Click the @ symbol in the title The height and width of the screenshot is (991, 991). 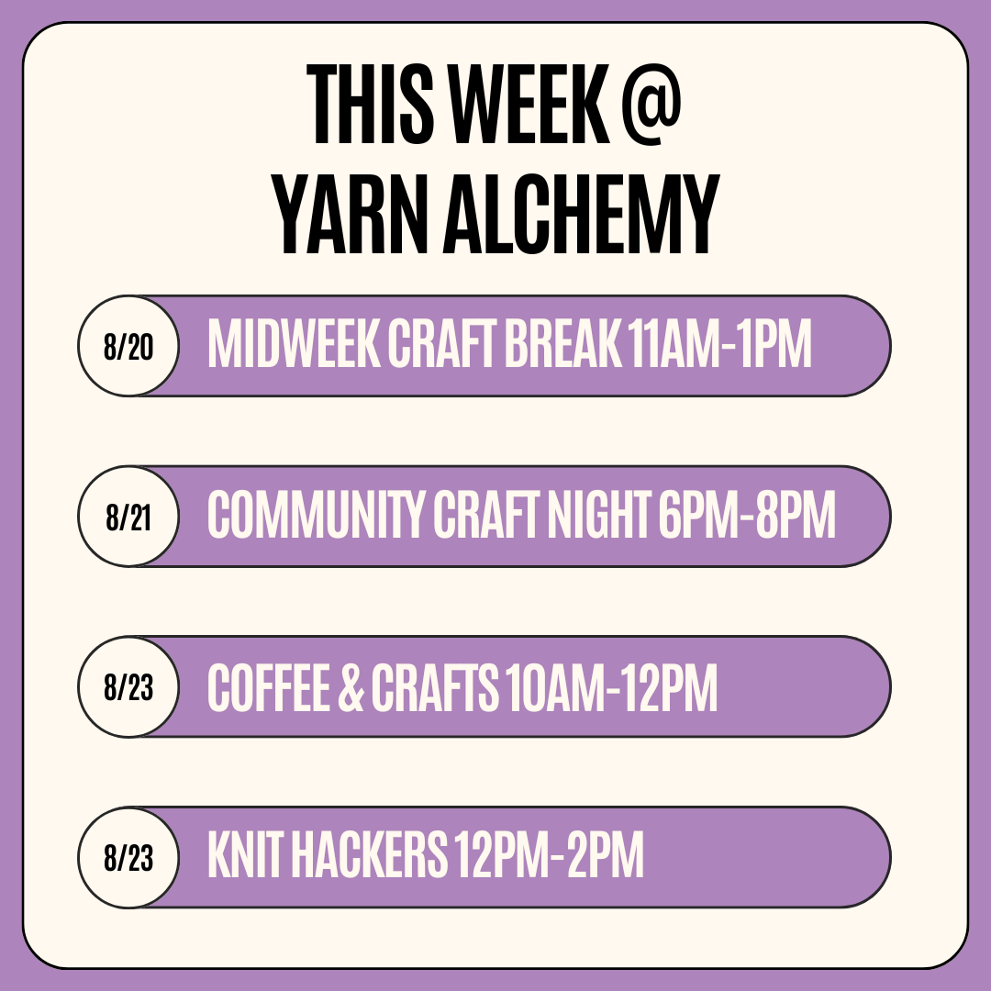tap(651, 105)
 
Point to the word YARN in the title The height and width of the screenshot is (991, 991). tap(351, 214)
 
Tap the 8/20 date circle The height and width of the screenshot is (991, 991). tap(128, 346)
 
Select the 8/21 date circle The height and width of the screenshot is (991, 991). tap(128, 517)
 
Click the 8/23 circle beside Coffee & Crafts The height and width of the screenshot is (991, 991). tap(128, 687)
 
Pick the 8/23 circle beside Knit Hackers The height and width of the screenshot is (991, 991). tap(128, 858)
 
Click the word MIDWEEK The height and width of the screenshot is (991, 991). tap(294, 343)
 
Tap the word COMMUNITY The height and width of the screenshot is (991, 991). tap(316, 514)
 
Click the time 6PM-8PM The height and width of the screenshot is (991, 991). tap(746, 514)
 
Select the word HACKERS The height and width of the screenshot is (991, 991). tap(369, 855)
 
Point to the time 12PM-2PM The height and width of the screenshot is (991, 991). tap(549, 855)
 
